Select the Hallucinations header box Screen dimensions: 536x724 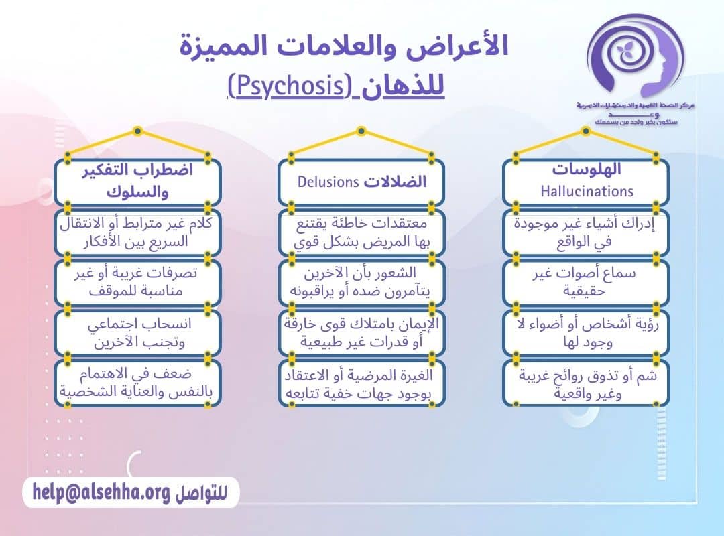(x=586, y=181)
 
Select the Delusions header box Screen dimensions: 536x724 (x=361, y=182)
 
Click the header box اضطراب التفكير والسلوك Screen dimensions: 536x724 (x=137, y=181)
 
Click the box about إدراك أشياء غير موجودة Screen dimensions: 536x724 (x=586, y=232)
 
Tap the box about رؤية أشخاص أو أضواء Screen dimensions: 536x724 (x=586, y=333)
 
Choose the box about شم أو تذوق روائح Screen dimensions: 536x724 (x=586, y=383)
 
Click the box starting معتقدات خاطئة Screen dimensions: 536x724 (x=361, y=232)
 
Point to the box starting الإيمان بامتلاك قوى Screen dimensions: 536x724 (x=361, y=333)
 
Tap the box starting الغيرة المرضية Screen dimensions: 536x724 (x=361, y=383)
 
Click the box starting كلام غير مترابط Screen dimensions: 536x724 (x=137, y=232)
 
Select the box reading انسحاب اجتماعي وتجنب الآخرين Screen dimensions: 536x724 (x=137, y=333)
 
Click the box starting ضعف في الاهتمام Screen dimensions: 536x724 (x=137, y=383)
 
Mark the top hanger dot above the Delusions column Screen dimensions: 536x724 (x=361, y=130)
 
